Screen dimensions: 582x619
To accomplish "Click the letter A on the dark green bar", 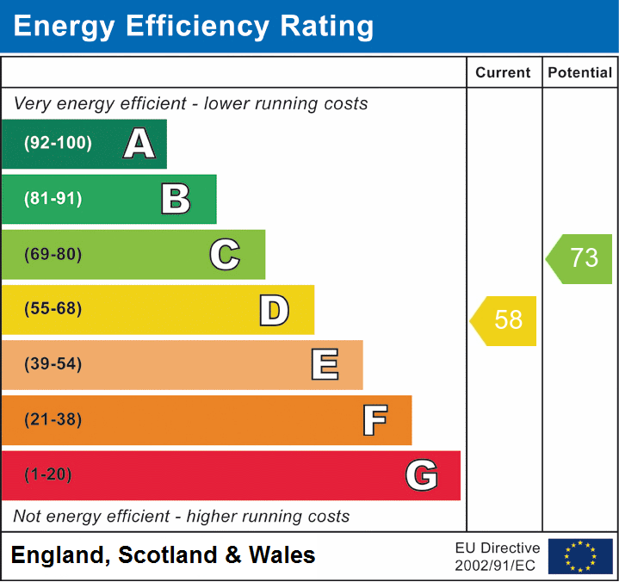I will click(139, 144).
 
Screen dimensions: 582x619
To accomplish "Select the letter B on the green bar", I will click(176, 199).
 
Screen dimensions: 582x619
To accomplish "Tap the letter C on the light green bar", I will click(225, 254).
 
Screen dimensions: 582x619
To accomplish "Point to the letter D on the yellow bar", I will click(274, 310).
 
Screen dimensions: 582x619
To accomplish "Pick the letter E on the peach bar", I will click(324, 365).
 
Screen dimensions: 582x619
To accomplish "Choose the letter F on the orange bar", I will click(374, 420).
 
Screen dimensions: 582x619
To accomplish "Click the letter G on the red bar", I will click(422, 475).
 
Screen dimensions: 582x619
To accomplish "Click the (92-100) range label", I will click(59, 144).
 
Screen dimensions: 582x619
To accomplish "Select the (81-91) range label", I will click(53, 199).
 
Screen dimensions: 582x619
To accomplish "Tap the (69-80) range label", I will click(53, 254).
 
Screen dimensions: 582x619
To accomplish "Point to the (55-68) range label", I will click(53, 309).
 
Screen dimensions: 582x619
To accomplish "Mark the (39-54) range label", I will click(53, 364).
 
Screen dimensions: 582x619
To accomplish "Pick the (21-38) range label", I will click(53, 420).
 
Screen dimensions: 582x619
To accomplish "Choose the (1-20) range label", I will click(48, 475).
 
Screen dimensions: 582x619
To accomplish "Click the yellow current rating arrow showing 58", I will click(504, 320).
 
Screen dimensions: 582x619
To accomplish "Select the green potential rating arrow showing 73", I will click(580, 258).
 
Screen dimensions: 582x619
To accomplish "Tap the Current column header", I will click(504, 73).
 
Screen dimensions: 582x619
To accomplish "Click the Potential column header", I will click(580, 73).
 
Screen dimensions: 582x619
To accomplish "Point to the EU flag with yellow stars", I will click(580, 556).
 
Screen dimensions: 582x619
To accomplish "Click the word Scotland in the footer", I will click(168, 555).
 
